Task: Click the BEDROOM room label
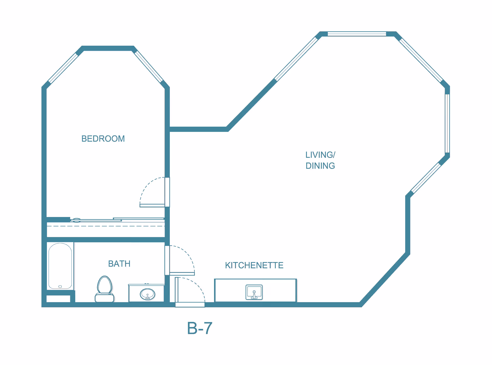[103, 139]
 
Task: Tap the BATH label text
[119, 264]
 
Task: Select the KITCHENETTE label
[254, 265]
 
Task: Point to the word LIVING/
[320, 155]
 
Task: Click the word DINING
[320, 166]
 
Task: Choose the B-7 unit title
[200, 328]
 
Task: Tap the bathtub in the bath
[60, 266]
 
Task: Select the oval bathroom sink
[147, 294]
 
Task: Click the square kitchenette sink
[254, 292]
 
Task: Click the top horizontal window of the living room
[357, 34]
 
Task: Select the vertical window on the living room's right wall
[447, 123]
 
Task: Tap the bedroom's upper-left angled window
[63, 68]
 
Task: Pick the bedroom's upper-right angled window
[149, 66]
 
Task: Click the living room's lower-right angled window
[426, 178]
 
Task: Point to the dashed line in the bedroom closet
[106, 226]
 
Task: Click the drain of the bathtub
[60, 286]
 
